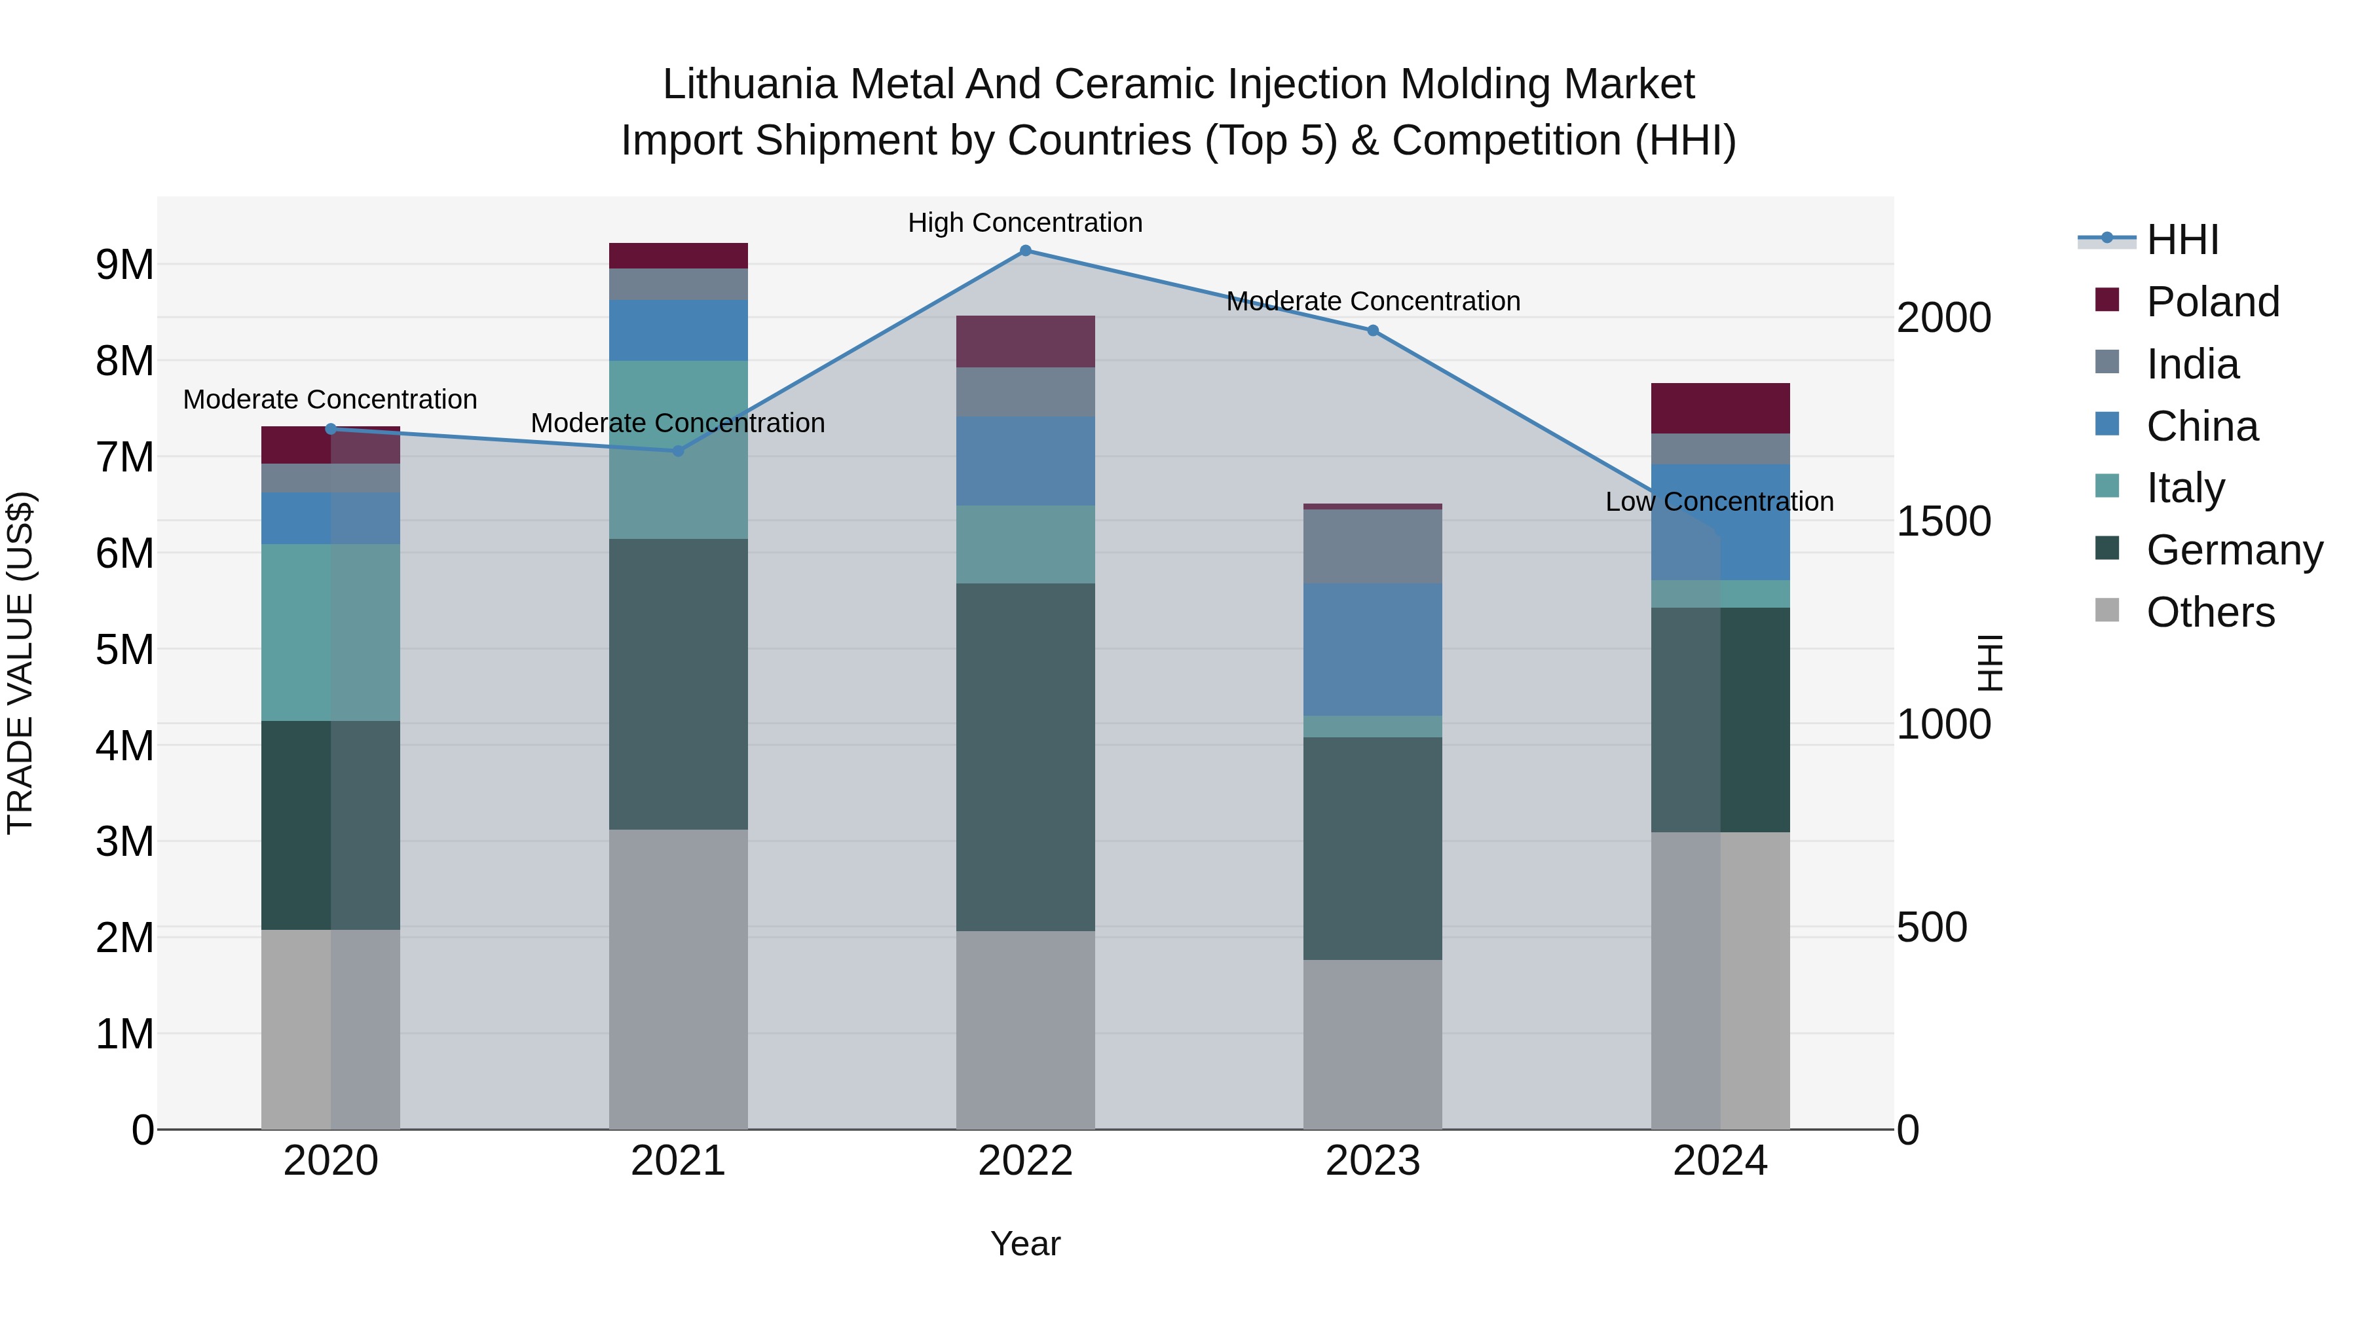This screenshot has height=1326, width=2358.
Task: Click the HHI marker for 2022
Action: coord(1025,251)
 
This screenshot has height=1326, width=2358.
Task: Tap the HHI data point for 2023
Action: coord(1373,331)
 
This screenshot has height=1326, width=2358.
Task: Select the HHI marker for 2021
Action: coord(679,451)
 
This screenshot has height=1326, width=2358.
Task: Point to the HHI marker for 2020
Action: coord(331,428)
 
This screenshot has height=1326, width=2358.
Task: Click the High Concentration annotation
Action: coord(1025,223)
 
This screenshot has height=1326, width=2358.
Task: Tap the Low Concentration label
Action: coord(1719,502)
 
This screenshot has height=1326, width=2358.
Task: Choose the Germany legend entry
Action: coord(2234,550)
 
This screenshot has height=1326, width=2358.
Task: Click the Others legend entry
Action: coord(2210,612)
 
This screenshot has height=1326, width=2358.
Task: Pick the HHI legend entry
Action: coord(2182,240)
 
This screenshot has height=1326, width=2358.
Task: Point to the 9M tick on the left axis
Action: coord(124,265)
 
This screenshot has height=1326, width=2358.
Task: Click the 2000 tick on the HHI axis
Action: coord(1943,318)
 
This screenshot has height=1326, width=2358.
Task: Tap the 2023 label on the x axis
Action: coord(1373,1161)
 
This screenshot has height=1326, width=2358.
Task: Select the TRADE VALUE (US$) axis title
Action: coord(20,663)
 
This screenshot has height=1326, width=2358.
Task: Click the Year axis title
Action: coord(1025,1243)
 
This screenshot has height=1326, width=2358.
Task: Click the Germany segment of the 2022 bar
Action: coord(1025,757)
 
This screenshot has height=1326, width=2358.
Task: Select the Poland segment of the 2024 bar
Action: coord(1720,408)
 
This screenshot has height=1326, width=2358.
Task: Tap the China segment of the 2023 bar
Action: coord(1373,649)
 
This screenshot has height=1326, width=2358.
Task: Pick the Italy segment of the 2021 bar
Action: coord(679,449)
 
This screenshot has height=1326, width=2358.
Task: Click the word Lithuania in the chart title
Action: coord(750,84)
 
